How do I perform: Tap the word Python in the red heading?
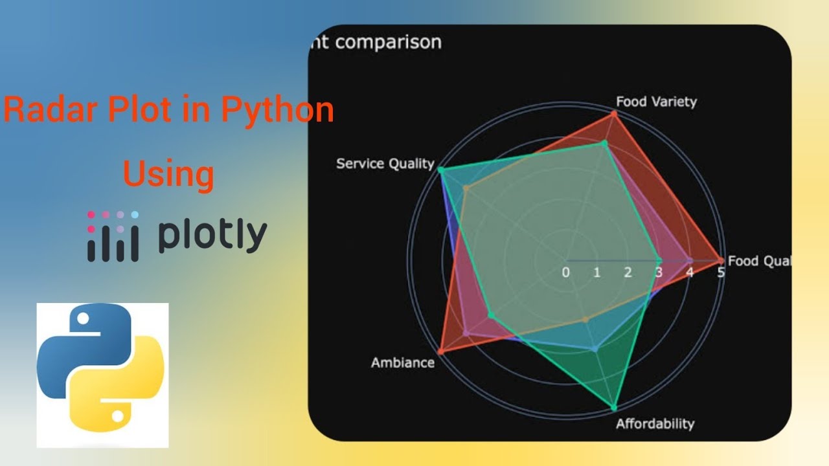278,110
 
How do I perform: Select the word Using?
168,174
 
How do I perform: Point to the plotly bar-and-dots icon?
113,236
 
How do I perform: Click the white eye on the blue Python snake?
83,318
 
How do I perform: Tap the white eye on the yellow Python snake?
118,419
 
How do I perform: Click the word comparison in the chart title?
388,43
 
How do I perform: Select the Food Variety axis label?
655,102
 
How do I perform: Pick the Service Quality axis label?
385,164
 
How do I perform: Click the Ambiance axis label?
402,362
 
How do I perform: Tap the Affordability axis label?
654,424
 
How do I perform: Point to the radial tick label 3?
659,272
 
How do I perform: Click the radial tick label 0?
565,272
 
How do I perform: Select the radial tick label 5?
721,272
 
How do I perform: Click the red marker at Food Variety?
614,114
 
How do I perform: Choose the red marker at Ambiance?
440,351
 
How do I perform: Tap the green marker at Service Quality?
440,170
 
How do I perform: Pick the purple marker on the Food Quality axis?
690,261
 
